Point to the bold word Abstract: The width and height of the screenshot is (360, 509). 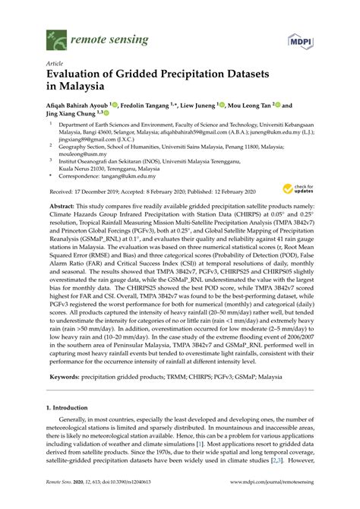pyautogui.click(x=62, y=206)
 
